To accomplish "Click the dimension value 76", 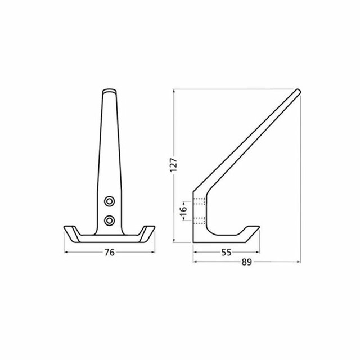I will (x=110, y=253).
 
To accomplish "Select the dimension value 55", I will (x=227, y=253).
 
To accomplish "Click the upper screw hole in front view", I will (x=110, y=200).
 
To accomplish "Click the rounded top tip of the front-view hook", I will (x=110, y=91).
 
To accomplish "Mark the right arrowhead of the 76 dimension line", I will (x=152, y=253).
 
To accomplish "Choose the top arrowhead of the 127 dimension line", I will (x=174, y=90).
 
